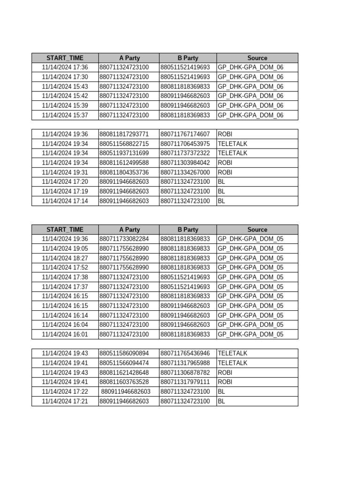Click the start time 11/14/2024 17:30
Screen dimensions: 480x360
(65, 77)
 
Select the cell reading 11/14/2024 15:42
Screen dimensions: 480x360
(65, 96)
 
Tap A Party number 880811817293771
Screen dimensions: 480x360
(124, 134)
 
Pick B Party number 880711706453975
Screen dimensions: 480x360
(185, 144)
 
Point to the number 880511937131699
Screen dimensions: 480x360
(124, 153)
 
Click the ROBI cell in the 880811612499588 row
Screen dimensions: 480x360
(225, 163)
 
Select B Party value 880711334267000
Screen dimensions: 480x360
(185, 172)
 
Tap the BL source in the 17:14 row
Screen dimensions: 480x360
(222, 201)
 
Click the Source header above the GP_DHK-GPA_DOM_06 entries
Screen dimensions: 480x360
(257, 58)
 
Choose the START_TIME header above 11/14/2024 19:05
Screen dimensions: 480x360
(65, 230)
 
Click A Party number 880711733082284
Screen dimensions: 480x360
(124, 239)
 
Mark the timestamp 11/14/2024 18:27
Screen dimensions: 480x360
(65, 258)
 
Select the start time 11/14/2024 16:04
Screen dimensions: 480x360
(65, 325)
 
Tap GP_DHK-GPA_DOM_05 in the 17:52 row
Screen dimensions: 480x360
(250, 268)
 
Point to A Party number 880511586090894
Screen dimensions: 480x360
(124, 353)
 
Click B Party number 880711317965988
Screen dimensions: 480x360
(185, 363)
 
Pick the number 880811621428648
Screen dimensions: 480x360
(124, 373)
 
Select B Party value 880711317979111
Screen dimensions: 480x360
(185, 382)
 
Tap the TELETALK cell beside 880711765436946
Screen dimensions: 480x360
(232, 353)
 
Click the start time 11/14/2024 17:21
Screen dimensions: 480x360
(65, 401)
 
